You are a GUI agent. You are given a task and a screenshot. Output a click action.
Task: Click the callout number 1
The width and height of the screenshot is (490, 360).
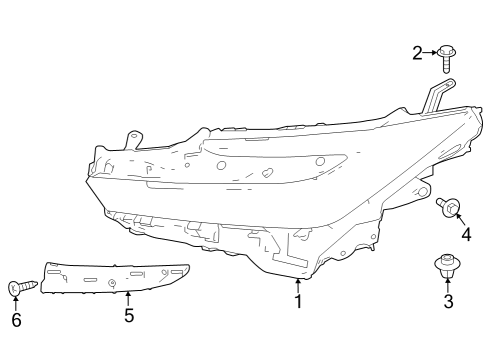coord(298,301)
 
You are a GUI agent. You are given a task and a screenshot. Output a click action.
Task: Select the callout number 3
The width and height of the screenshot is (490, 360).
coord(448,301)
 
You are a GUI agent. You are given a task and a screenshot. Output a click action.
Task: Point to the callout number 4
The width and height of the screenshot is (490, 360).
coord(465,235)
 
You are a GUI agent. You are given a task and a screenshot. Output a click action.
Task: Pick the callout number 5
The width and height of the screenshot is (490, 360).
coord(128,316)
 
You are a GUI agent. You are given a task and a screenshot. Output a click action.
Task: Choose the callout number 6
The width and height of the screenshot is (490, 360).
coord(15,320)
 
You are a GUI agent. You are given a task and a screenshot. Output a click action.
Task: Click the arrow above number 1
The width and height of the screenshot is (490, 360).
coord(298,284)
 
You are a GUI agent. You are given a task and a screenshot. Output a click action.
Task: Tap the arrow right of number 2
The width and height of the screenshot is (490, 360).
coord(431,52)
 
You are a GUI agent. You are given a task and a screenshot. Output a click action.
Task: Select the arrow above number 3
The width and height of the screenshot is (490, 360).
coord(448,284)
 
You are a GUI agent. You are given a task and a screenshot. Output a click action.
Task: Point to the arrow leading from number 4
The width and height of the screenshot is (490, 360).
coord(459,220)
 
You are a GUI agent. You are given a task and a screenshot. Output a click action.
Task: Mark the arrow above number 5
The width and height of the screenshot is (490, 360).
coord(128,297)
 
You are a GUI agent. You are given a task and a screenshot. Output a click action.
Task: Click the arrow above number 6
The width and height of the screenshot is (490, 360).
coord(15,303)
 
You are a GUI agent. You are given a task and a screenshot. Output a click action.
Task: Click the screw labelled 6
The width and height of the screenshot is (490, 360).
coord(22,287)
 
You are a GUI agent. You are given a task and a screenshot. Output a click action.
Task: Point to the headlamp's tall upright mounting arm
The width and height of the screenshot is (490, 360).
coord(433,97)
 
